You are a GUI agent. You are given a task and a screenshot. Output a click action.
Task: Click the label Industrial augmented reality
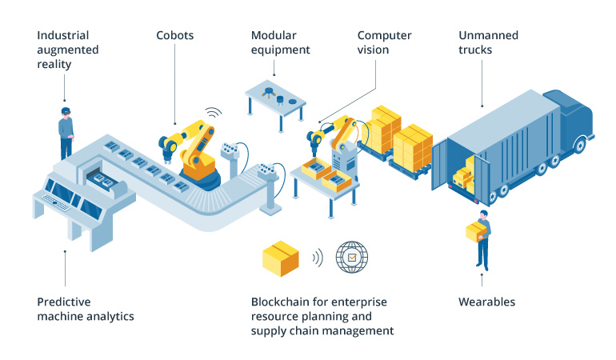tap(67, 50)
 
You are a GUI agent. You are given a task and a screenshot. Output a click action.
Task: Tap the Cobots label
tap(174, 36)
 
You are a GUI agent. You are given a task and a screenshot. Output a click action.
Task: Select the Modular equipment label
tap(280, 42)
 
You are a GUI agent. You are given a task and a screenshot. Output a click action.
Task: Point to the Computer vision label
tap(384, 42)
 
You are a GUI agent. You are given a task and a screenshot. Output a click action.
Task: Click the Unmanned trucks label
tap(488, 42)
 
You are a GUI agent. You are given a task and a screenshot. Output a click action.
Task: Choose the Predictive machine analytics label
tap(85, 309)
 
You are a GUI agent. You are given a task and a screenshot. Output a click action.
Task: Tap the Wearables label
tap(486, 302)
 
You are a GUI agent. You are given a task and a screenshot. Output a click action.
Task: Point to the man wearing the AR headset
tap(66, 132)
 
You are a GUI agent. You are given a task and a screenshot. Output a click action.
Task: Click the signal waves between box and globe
tap(318, 258)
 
